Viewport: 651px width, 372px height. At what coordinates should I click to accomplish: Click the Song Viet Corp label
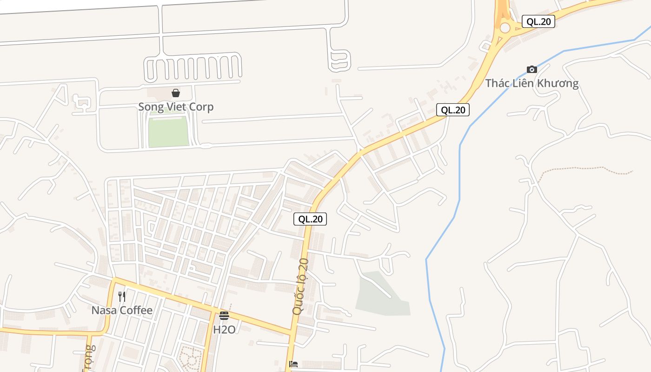176,107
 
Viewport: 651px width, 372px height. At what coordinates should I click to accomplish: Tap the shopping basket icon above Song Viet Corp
176,93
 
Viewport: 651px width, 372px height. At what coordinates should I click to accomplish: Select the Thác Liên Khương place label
532,84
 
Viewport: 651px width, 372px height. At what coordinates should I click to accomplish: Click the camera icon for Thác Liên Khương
532,70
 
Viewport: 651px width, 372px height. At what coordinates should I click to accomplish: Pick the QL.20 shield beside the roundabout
538,21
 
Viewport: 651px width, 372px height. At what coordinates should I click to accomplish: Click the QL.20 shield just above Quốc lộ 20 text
310,219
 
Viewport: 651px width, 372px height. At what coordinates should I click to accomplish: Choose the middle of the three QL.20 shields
452,110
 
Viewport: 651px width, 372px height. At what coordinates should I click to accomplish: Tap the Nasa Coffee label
122,310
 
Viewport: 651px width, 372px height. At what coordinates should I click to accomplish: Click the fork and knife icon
122,296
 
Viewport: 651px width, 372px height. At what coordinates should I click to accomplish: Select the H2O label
224,330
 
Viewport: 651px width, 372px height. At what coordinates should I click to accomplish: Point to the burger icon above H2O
224,316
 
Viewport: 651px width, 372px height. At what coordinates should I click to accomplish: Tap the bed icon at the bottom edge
293,364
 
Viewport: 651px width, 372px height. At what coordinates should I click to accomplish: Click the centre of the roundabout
505,28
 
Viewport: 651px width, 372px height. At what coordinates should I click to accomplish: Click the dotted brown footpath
586,168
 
